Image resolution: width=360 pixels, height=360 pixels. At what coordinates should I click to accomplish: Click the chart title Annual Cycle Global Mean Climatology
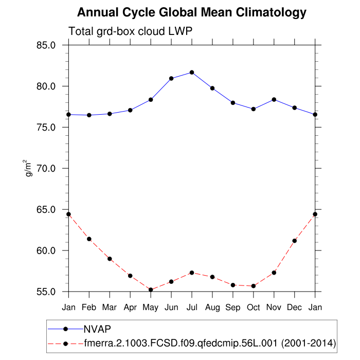(191, 12)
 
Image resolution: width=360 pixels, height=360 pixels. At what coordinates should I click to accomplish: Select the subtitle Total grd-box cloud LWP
(131, 32)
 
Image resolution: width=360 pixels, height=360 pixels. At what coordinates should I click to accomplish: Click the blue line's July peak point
(192, 72)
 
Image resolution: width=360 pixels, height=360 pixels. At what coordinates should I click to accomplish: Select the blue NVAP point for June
(171, 78)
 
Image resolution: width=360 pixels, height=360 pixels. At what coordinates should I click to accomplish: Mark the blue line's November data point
(274, 99)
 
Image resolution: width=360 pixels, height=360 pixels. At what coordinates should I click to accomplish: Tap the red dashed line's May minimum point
(151, 290)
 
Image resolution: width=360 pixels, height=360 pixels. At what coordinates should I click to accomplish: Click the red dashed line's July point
(192, 273)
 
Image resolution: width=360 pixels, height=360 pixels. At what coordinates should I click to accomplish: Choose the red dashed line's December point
(295, 241)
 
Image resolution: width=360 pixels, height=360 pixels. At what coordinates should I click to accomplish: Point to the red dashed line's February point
(89, 239)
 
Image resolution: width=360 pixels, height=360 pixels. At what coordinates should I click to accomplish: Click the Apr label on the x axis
(130, 308)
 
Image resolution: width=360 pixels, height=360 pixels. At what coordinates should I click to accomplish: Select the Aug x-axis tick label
(212, 308)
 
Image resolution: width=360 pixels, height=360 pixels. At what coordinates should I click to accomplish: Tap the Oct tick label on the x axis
(254, 308)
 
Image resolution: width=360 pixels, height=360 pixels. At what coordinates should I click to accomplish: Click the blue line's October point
(254, 109)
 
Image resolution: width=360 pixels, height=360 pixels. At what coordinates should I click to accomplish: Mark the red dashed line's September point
(233, 285)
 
